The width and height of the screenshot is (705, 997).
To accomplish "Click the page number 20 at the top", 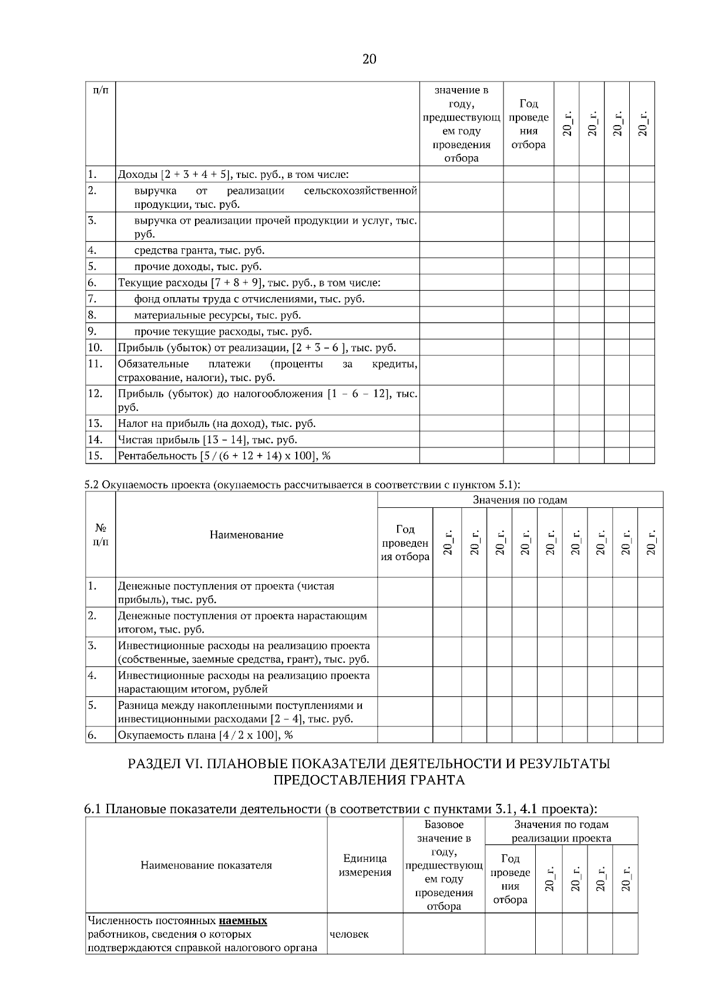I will pos(369,59).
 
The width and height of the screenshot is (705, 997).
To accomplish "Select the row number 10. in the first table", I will pos(95,348).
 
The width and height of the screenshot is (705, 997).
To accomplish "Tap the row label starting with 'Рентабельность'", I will pos(220,456).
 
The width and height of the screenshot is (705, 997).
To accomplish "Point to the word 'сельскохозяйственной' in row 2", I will pos(361,191).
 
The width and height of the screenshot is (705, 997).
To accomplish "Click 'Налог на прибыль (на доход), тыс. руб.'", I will pos(216,423).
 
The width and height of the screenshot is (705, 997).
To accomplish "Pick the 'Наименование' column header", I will pos(246,535).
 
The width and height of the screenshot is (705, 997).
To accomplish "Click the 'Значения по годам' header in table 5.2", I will pos(520,500).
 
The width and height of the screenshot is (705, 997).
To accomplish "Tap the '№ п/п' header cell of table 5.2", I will pos(100,534).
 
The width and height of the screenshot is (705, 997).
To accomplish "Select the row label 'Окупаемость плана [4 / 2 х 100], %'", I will pos(205,735).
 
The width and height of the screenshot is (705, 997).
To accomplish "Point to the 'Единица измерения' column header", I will pos(365,865).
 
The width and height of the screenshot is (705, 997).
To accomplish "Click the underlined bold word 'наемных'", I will pos(243,921).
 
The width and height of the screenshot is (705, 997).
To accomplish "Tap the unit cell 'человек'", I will pos(350,934).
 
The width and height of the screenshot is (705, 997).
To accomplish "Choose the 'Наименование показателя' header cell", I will pos(206,865).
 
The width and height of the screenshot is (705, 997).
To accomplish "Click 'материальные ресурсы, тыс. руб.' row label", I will pos(217,315).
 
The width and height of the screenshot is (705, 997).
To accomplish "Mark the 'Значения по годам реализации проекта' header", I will pos(561,831).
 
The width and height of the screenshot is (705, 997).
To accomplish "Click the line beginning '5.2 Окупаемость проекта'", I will pos(303,485).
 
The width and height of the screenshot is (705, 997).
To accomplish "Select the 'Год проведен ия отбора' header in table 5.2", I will pos(405,543).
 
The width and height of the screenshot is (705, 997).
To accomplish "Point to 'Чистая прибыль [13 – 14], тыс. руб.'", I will pos(207,440).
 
